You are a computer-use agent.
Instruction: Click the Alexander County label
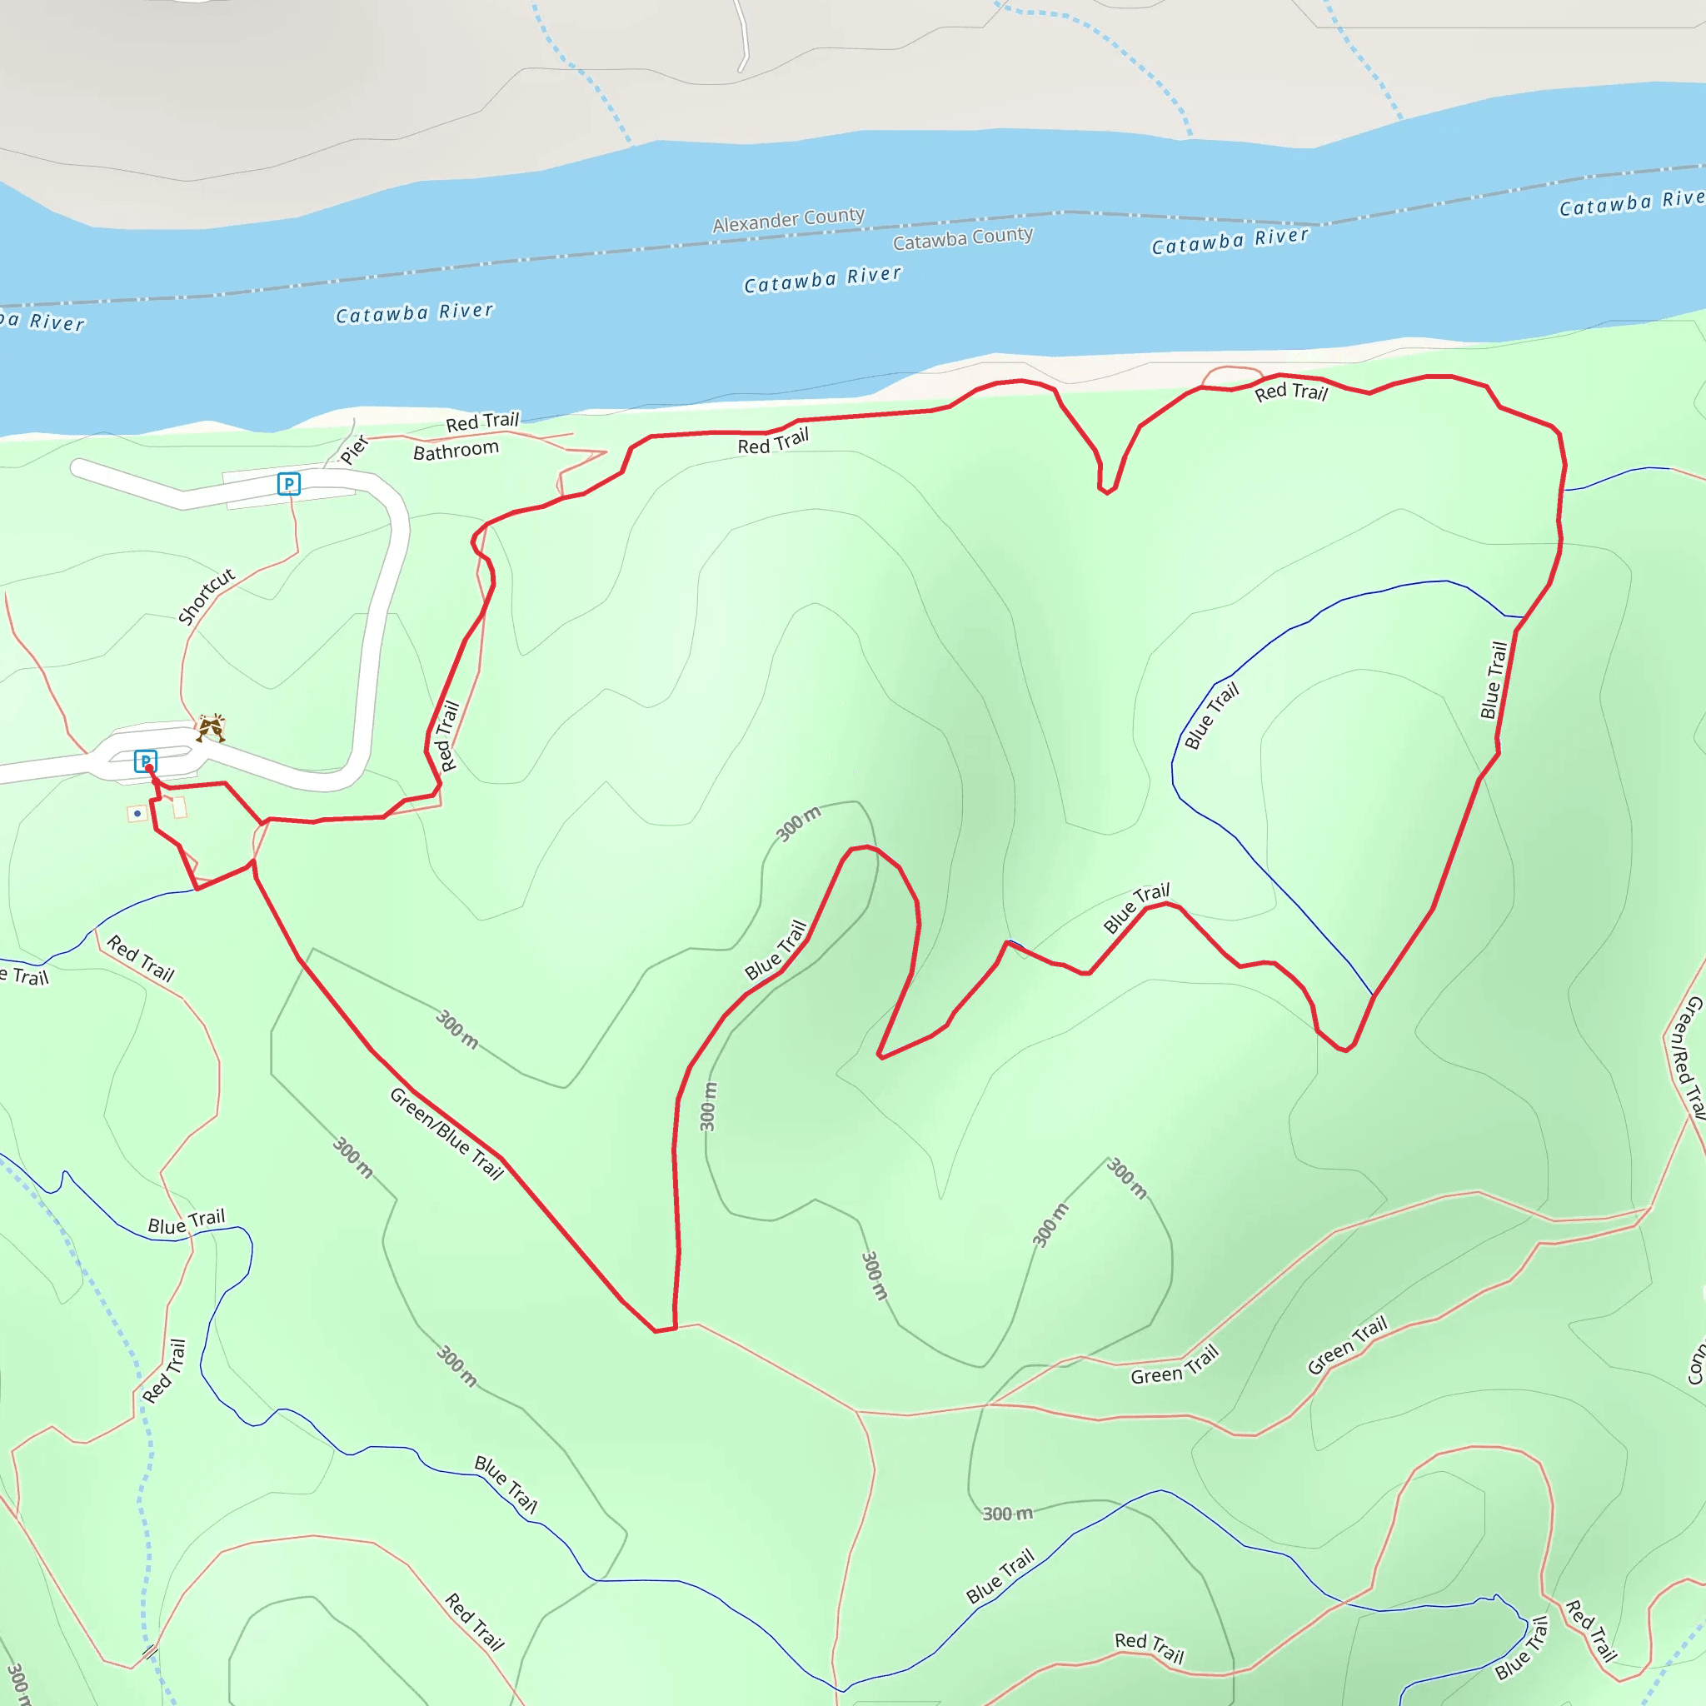coord(789,220)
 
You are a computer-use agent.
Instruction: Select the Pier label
coord(353,450)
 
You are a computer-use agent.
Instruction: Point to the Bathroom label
coord(456,451)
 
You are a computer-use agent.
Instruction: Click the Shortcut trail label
coord(207,596)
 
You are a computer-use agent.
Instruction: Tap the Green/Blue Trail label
coord(446,1135)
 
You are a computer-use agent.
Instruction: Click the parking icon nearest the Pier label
coord(289,484)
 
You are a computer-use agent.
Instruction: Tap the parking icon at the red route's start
coord(145,761)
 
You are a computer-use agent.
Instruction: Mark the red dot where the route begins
coord(149,769)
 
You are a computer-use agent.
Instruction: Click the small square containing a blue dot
coord(137,813)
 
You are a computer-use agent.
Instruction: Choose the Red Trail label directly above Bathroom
coord(482,422)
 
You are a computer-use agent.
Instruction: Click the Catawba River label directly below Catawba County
coord(822,280)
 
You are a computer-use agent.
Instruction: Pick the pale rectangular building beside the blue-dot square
coord(180,807)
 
